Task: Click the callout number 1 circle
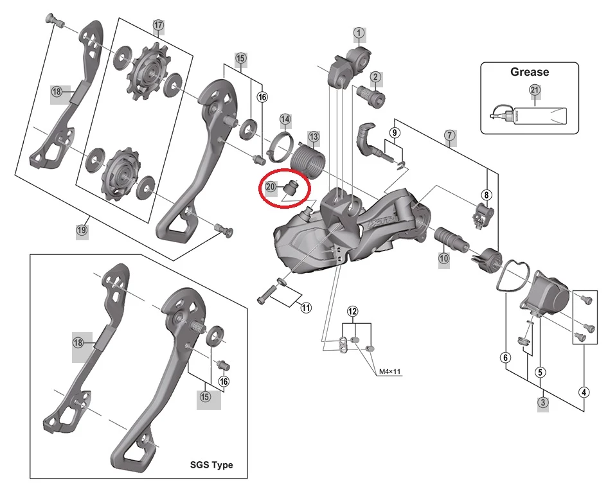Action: (359, 32)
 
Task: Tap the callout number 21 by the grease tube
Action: (535, 91)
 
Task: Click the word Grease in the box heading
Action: (530, 72)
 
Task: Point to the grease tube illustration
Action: (530, 116)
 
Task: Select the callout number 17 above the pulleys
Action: (159, 26)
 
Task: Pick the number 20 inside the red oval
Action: (271, 186)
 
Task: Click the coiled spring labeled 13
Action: (308, 159)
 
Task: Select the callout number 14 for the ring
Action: (285, 119)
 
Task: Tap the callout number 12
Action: (352, 311)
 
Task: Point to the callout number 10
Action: (443, 259)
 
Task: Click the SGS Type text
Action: (211, 464)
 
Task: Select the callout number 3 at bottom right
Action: (543, 403)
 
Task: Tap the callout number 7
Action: (449, 136)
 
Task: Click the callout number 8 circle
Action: (487, 195)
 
